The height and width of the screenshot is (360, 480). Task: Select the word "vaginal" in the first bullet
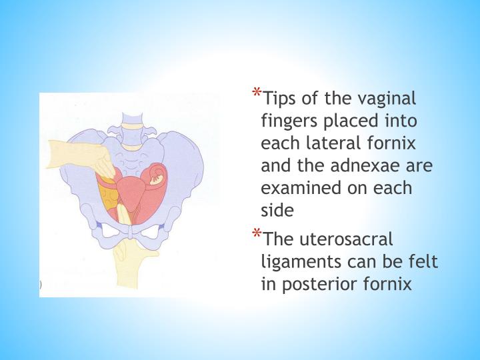pos(387,99)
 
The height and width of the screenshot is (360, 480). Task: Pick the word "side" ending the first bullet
pos(277,210)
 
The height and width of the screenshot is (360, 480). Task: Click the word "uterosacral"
pos(346,239)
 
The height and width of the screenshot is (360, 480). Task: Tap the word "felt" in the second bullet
pos(423,262)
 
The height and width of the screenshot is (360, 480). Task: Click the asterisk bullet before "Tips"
pos(257,93)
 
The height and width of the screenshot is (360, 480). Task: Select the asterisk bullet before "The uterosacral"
pos(257,233)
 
